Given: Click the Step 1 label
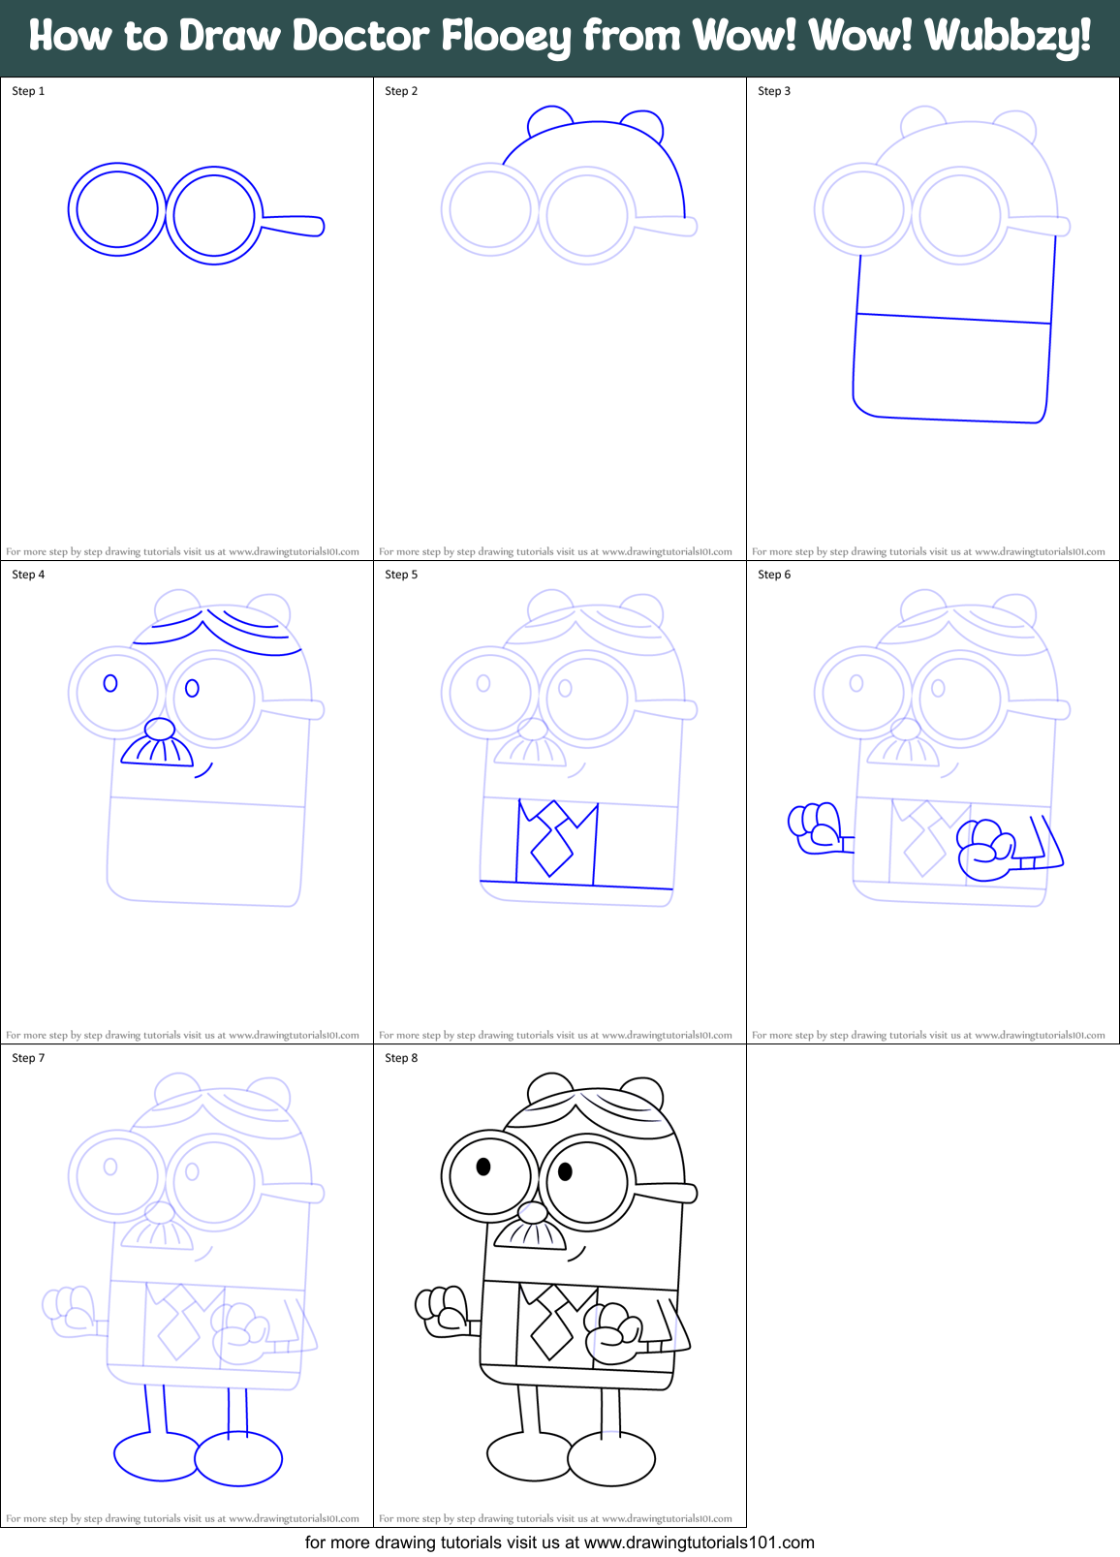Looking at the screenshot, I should [x=28, y=91].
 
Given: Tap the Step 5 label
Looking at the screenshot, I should [x=401, y=575].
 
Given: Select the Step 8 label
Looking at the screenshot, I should [x=401, y=1058].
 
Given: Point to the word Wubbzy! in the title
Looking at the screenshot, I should [x=1007, y=37].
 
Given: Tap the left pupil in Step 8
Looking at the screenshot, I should [x=483, y=1166].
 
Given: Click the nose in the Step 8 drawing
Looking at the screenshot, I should [x=532, y=1212].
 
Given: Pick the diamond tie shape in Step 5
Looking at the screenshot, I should [x=551, y=847].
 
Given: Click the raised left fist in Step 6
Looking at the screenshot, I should [x=815, y=825].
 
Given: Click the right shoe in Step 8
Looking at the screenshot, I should [x=611, y=1458].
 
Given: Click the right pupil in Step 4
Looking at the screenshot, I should [x=192, y=688].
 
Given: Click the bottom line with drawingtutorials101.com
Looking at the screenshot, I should [x=559, y=1542].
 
